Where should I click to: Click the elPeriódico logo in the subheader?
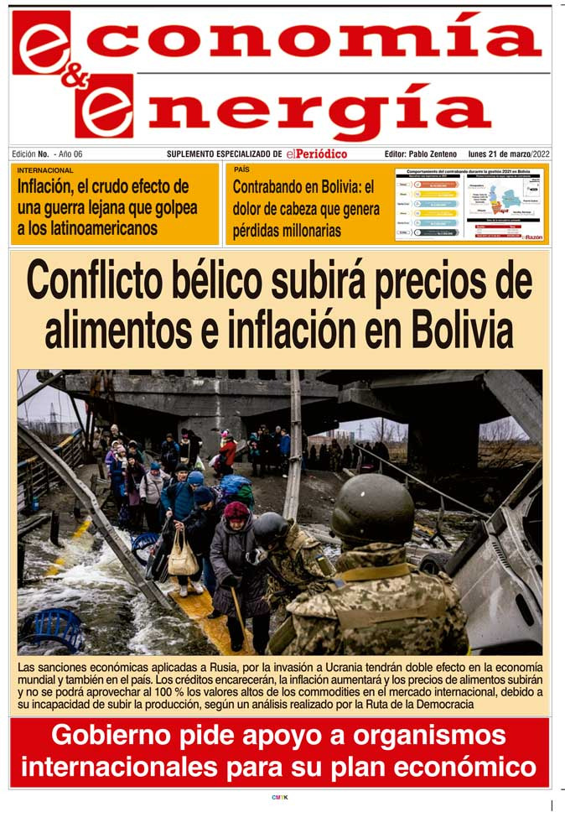click(316, 154)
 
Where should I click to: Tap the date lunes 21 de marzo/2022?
click(509, 154)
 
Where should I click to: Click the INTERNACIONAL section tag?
click(45, 170)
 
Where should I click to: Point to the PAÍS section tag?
click(242, 170)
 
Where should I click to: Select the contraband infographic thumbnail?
click(469, 204)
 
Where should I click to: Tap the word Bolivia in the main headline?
click(459, 330)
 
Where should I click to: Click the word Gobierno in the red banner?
click(108, 736)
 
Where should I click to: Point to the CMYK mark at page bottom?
click(279, 797)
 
